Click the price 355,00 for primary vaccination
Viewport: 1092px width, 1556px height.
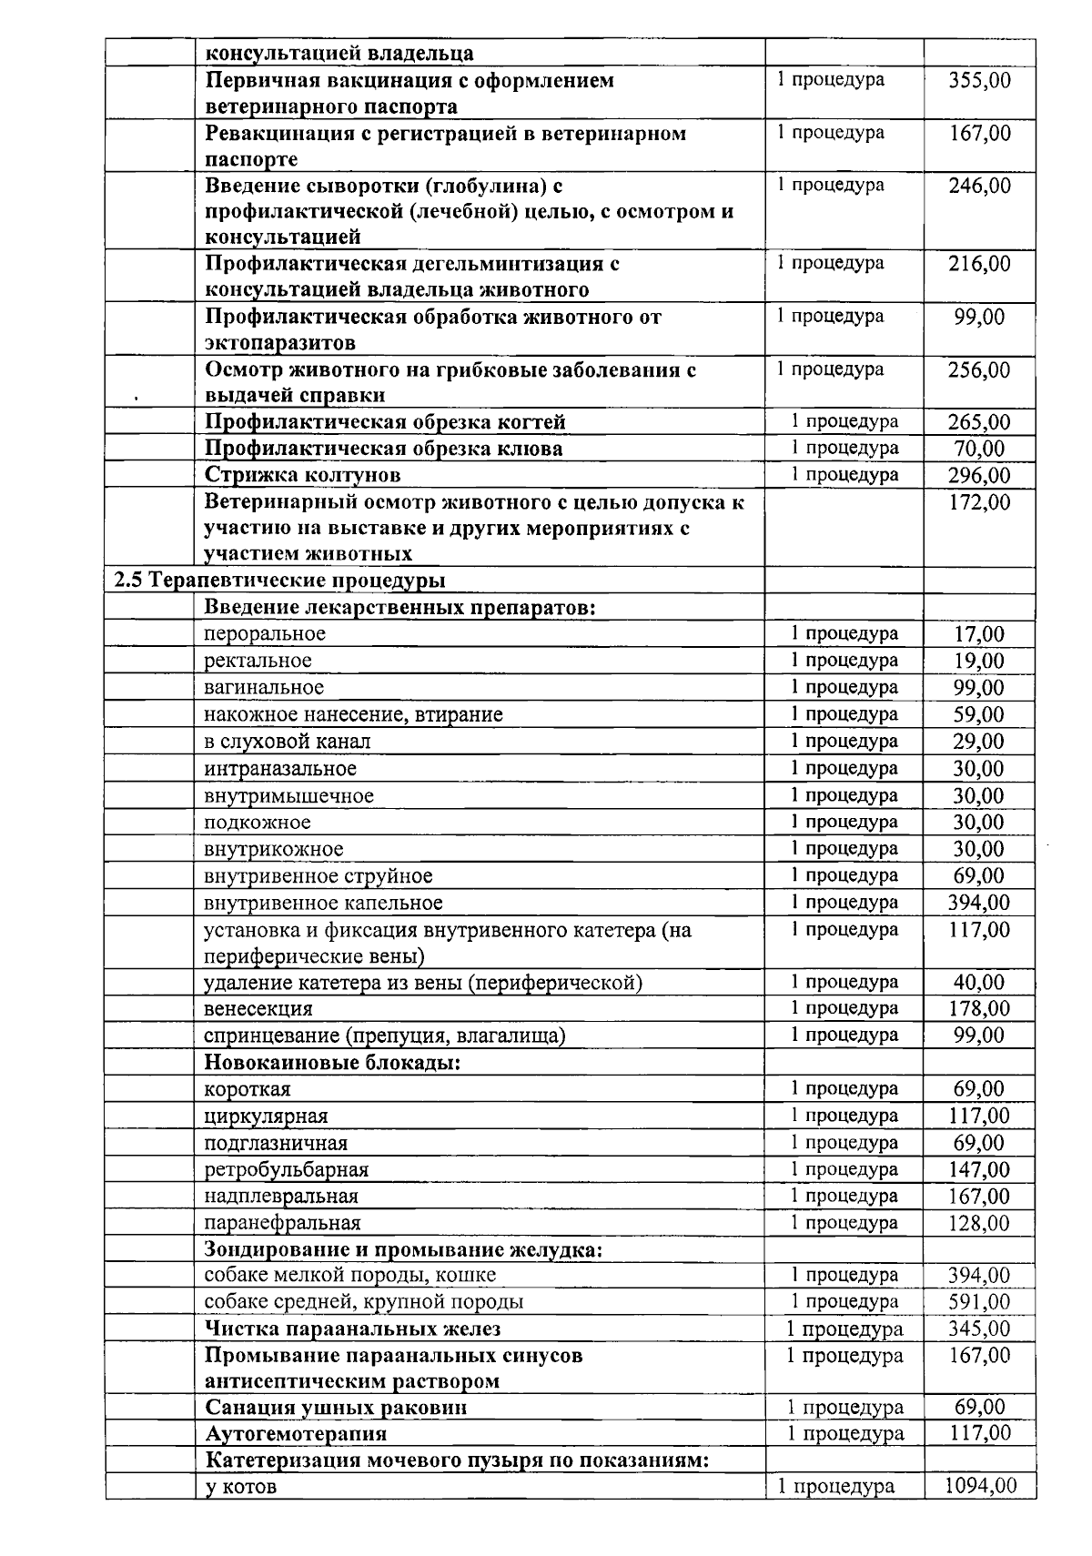click(x=979, y=80)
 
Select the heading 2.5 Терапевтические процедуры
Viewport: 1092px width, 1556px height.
click(x=279, y=581)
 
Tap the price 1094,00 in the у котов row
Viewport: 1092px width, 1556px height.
click(x=979, y=1486)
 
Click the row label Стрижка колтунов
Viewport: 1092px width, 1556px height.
click(x=302, y=475)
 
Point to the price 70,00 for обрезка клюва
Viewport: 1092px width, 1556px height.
click(x=979, y=449)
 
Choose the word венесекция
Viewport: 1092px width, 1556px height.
click(x=258, y=1009)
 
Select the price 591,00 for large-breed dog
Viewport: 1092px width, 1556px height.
click(x=979, y=1302)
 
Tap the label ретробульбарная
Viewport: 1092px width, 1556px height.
click(x=286, y=1170)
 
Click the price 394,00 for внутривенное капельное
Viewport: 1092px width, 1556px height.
click(x=979, y=903)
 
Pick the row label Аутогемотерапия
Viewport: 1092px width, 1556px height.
click(x=296, y=1434)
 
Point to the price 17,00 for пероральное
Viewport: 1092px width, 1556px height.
click(x=979, y=634)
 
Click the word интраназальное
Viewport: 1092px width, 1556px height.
click(x=279, y=769)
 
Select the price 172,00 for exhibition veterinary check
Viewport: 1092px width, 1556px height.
click(x=979, y=502)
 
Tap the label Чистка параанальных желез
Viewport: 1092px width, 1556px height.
click(x=352, y=1329)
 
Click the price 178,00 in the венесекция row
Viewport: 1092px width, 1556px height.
click(x=979, y=1009)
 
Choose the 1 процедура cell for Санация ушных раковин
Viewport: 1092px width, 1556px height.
click(x=845, y=1408)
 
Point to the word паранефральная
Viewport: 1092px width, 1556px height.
click(x=282, y=1223)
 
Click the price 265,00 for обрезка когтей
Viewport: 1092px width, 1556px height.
click(x=979, y=422)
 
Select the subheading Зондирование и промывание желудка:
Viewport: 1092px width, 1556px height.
click(x=402, y=1249)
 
